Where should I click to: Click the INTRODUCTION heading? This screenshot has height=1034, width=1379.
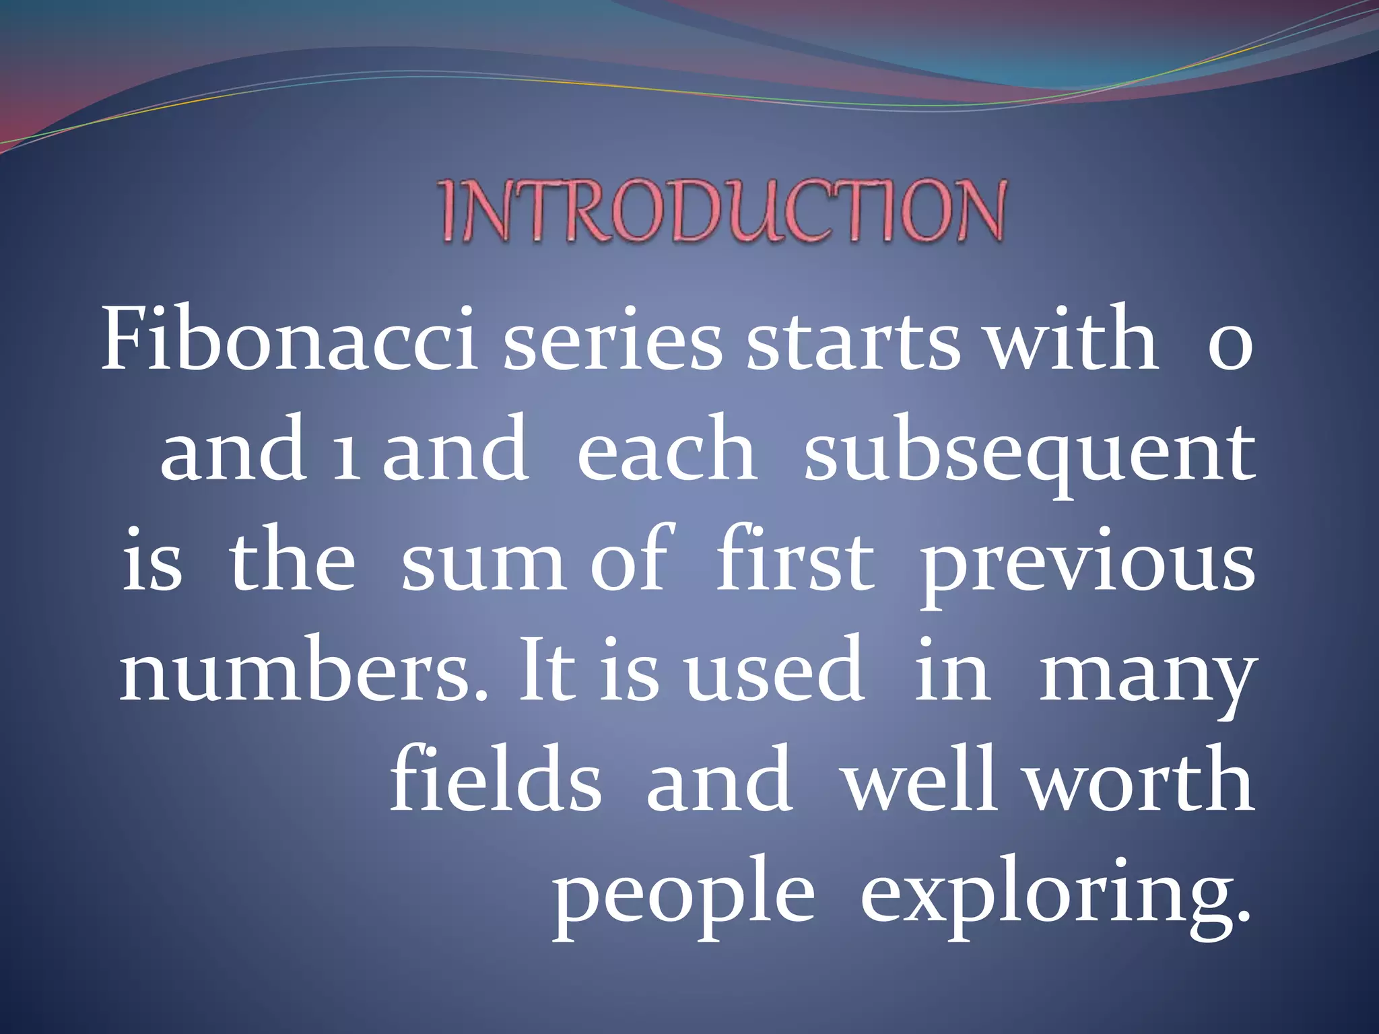(x=723, y=211)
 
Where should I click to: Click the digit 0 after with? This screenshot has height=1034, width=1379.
(x=1230, y=347)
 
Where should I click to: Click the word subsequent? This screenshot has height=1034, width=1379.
(x=1030, y=454)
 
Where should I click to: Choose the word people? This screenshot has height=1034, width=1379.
(x=683, y=895)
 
